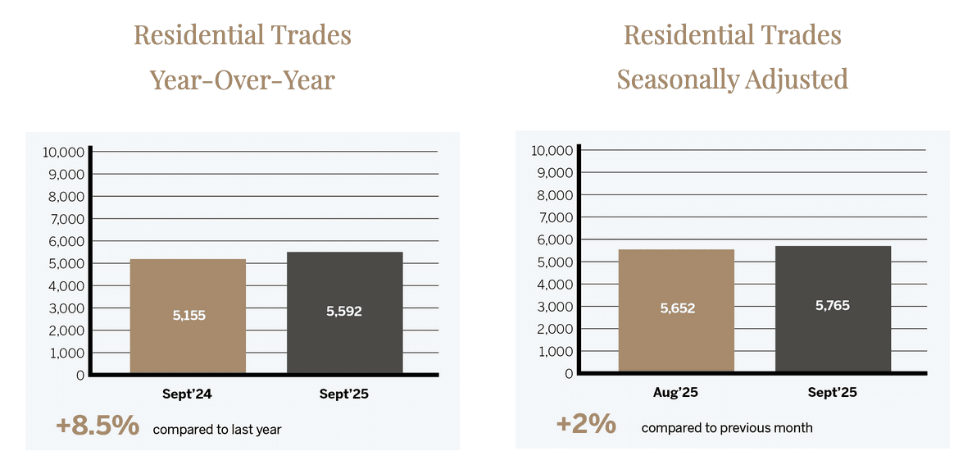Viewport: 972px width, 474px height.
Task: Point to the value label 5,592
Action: (344, 312)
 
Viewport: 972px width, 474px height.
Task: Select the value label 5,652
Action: (677, 308)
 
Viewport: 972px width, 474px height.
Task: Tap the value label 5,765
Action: (833, 306)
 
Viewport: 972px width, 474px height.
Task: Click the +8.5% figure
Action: (97, 426)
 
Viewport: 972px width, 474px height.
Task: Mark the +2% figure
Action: (585, 424)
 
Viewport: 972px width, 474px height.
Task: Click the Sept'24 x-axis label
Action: (188, 394)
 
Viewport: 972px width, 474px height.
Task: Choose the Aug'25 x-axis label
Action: (677, 393)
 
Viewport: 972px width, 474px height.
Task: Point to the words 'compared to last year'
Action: (217, 429)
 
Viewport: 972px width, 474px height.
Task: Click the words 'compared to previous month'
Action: (727, 427)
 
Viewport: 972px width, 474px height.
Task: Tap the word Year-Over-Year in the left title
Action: (243, 80)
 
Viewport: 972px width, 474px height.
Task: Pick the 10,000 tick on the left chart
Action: (62, 152)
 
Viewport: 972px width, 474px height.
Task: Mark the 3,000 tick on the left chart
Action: (66, 308)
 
